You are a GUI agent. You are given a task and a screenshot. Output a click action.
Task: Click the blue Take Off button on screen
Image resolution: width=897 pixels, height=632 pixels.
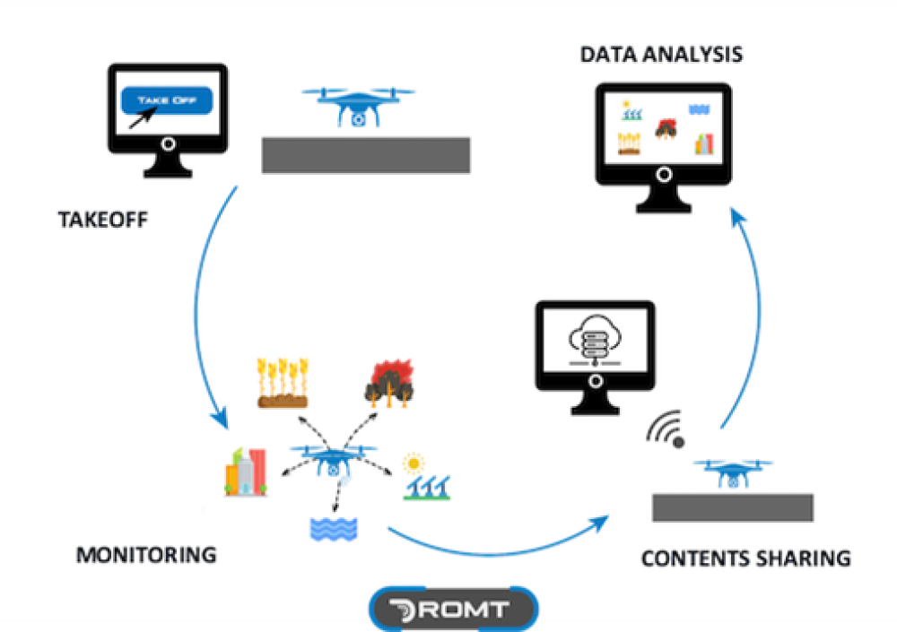166,100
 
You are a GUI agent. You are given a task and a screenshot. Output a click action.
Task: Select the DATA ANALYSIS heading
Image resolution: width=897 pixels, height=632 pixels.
661,54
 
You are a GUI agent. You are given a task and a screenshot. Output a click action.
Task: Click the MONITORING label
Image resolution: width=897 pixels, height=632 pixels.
146,554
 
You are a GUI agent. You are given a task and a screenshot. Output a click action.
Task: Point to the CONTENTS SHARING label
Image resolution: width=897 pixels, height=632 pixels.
745,558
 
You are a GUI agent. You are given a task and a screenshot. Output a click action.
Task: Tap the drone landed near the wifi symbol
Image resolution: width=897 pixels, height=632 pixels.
734,472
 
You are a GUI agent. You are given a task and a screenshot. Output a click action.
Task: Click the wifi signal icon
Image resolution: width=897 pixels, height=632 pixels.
666,429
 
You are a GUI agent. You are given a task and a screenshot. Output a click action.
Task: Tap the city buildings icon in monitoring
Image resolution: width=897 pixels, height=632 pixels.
246,472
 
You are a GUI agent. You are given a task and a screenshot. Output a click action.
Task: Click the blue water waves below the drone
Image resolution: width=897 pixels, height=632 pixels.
334,528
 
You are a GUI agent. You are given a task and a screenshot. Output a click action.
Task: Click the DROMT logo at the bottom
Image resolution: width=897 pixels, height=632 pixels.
453,610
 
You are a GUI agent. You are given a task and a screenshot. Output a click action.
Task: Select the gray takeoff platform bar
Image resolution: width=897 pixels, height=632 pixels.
366,155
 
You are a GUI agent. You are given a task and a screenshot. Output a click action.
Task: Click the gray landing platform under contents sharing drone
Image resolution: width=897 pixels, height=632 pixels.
732,507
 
